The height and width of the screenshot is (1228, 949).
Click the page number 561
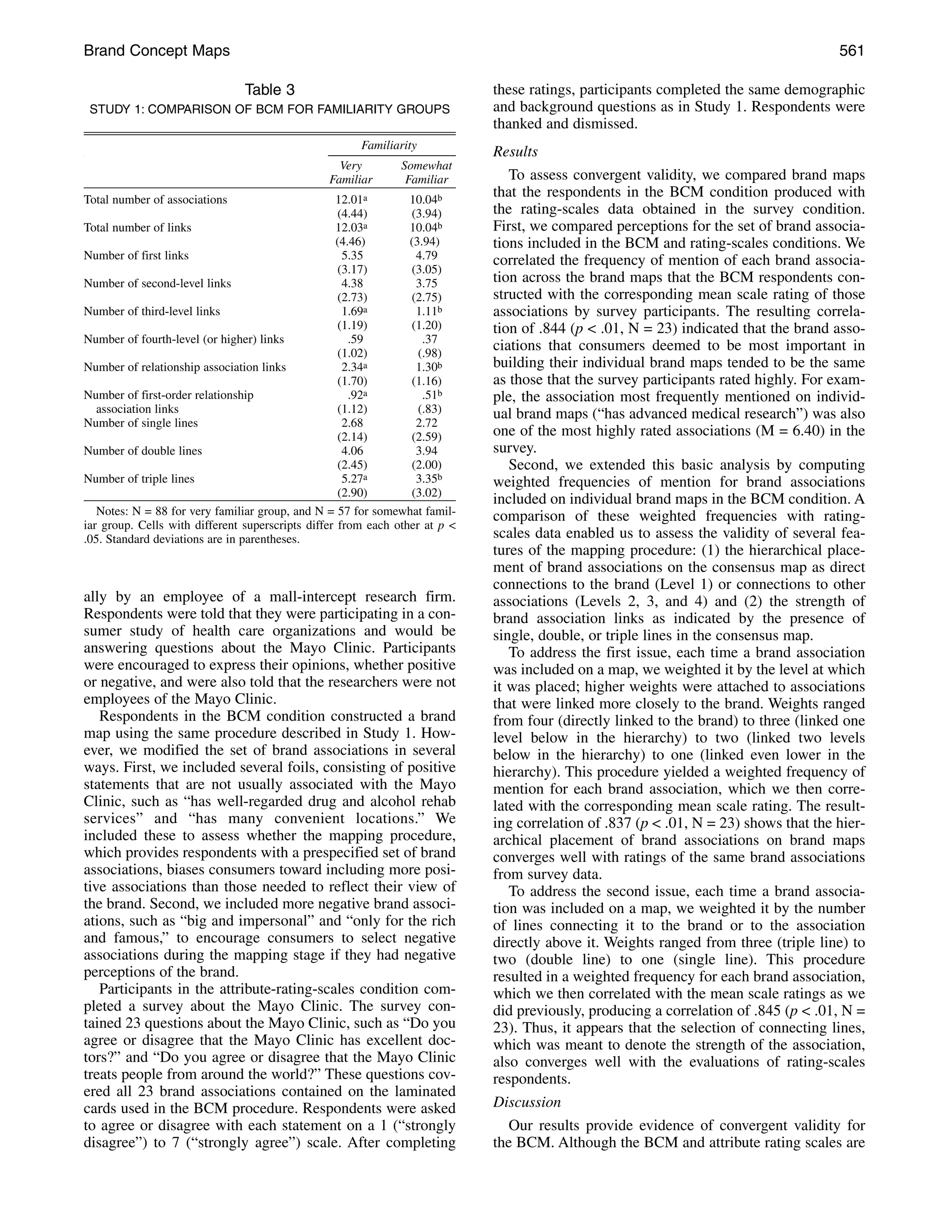851,51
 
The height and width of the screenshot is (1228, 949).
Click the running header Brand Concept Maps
157,51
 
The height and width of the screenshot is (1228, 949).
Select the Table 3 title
269,90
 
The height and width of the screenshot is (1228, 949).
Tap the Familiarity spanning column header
389,146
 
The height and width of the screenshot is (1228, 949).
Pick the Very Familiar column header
351,173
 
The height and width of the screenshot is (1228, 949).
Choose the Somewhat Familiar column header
426,173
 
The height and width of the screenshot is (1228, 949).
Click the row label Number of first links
136,256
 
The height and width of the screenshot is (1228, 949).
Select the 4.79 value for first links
425,256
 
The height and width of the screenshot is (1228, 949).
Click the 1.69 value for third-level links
351,311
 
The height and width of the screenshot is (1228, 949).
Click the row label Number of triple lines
139,479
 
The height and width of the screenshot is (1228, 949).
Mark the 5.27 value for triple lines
351,479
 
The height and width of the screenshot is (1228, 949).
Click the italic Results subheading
515,152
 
